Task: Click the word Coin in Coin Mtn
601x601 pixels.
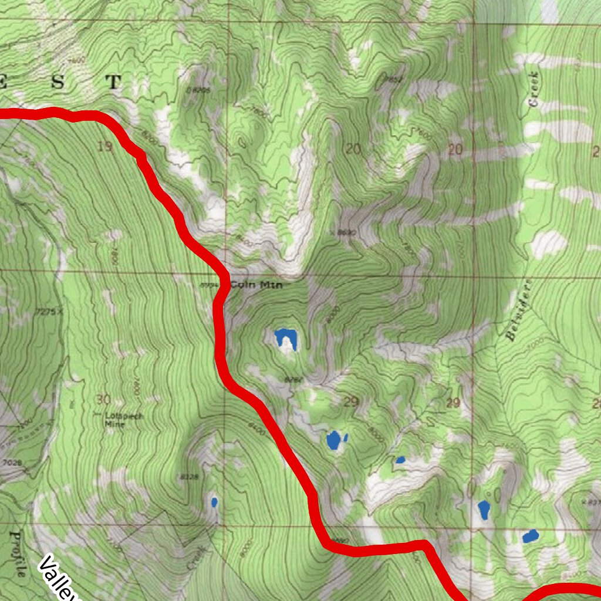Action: (x=241, y=285)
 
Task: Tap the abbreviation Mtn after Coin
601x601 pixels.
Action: (x=272, y=285)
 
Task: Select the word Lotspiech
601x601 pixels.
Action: (x=123, y=417)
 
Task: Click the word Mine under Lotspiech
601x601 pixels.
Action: (x=114, y=427)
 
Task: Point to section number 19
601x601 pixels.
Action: (x=105, y=147)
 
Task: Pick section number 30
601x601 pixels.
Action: (x=102, y=400)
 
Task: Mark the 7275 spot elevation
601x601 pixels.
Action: (x=47, y=312)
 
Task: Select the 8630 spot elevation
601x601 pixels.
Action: (x=347, y=233)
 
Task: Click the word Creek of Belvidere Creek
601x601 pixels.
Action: (x=533, y=89)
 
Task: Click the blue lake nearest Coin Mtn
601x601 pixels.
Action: (x=286, y=338)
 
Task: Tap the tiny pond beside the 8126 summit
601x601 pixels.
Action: (x=214, y=502)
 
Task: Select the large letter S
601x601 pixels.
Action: (x=58, y=82)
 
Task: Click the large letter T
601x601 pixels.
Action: (x=113, y=82)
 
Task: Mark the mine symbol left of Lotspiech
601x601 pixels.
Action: (x=72, y=404)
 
